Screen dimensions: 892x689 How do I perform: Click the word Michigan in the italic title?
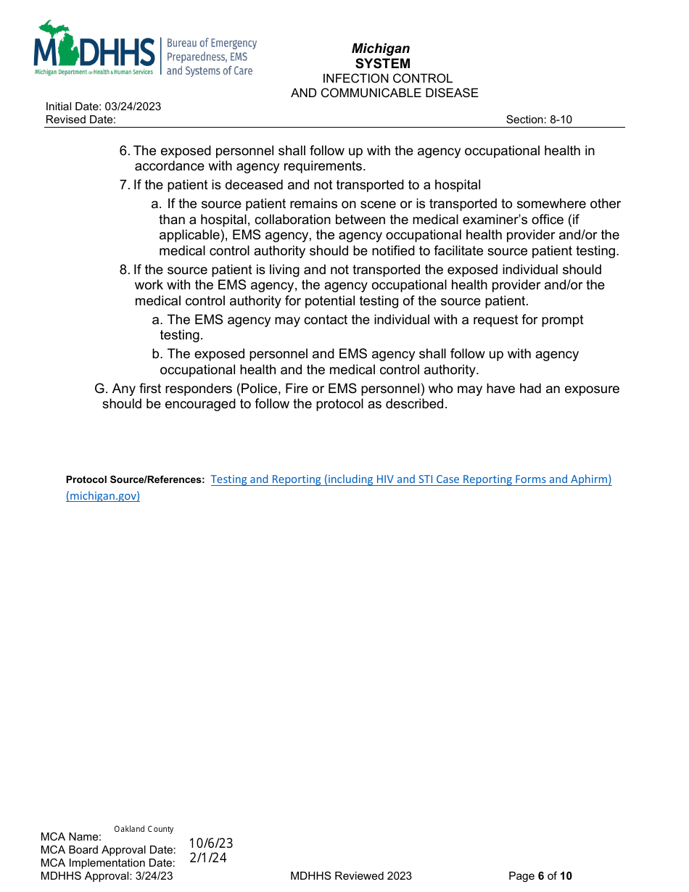coord(381,49)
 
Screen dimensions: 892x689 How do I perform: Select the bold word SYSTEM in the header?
coord(382,64)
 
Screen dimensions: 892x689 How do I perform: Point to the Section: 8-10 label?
coord(539,120)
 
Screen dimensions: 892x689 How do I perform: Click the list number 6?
coord(124,152)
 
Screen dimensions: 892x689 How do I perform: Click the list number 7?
coord(124,186)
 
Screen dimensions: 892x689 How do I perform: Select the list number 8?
coord(124,270)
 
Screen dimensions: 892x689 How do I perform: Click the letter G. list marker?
coord(101,389)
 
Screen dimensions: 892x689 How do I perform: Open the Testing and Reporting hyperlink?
coord(411,479)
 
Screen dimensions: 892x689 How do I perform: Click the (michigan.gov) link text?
coord(103,496)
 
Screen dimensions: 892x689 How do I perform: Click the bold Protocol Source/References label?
coord(136,480)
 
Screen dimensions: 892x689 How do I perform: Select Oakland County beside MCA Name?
coord(144,829)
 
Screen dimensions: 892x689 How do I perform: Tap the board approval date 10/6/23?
coord(211,843)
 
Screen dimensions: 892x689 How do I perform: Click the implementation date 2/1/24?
coord(208,858)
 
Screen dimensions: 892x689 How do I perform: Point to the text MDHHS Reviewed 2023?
coord(351,876)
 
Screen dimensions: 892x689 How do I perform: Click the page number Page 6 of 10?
coord(540,876)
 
